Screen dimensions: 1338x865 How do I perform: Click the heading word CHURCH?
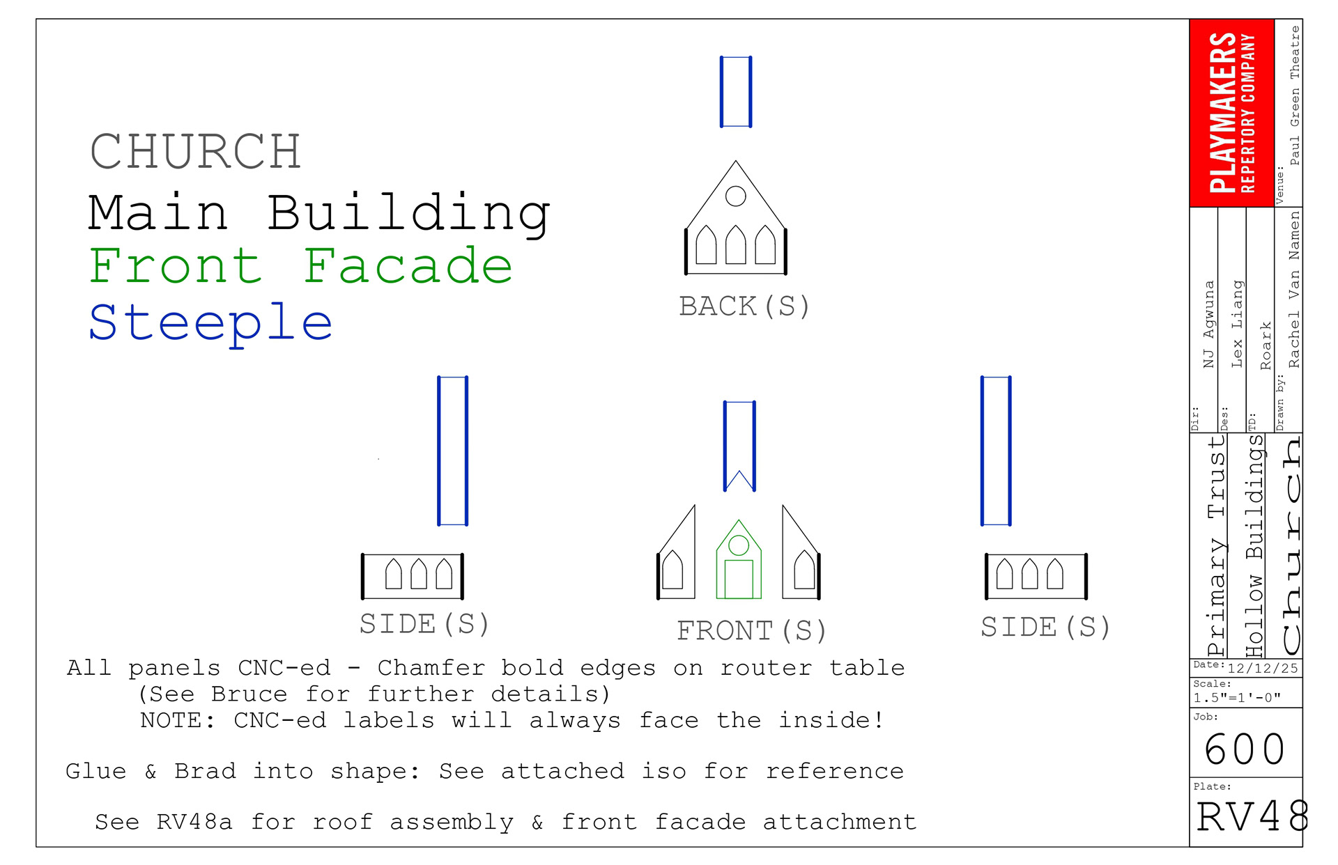[x=195, y=152]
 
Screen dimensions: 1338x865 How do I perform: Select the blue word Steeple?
[x=210, y=322]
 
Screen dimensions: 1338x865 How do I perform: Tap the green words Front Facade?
[x=300, y=266]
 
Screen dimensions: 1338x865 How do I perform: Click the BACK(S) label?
[x=744, y=306]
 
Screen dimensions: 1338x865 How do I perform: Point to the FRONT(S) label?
[x=751, y=631]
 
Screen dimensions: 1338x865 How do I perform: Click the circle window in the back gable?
[x=735, y=196]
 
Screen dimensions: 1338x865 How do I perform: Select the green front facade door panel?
[x=739, y=579]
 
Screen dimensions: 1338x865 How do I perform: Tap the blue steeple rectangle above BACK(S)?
[x=736, y=92]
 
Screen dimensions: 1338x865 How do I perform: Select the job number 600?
[x=1245, y=749]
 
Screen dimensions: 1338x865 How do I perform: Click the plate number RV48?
[x=1252, y=816]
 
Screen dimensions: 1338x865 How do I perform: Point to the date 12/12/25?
[x=1262, y=669]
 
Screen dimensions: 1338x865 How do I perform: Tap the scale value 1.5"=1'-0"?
[x=1237, y=698]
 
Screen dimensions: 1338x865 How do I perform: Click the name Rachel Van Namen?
[x=1294, y=289]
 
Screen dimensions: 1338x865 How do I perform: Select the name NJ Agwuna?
[x=1208, y=324]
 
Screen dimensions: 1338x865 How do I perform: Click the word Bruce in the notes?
[x=249, y=694]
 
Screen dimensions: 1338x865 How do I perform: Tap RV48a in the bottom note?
[x=194, y=822]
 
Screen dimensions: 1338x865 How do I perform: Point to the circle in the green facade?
[x=739, y=545]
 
